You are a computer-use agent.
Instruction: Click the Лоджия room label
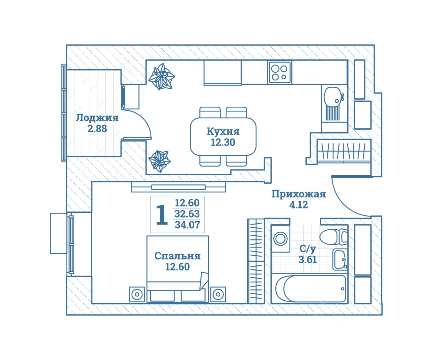click(97, 118)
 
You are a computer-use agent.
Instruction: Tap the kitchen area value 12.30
click(223, 142)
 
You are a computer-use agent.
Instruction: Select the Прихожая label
click(299, 194)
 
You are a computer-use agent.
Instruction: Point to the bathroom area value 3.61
click(307, 259)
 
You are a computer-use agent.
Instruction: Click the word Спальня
click(177, 256)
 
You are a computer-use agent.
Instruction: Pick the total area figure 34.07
click(187, 225)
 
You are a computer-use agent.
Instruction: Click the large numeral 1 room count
click(162, 215)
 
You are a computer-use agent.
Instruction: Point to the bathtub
click(311, 289)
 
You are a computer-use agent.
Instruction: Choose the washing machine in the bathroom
click(280, 239)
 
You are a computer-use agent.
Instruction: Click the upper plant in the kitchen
click(162, 76)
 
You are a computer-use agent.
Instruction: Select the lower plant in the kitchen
click(159, 160)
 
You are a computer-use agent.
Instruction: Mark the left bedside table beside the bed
click(137, 294)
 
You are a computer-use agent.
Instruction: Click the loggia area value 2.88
click(97, 129)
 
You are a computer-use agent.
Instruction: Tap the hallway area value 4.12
click(299, 205)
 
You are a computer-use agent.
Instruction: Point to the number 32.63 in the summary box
click(187, 214)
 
